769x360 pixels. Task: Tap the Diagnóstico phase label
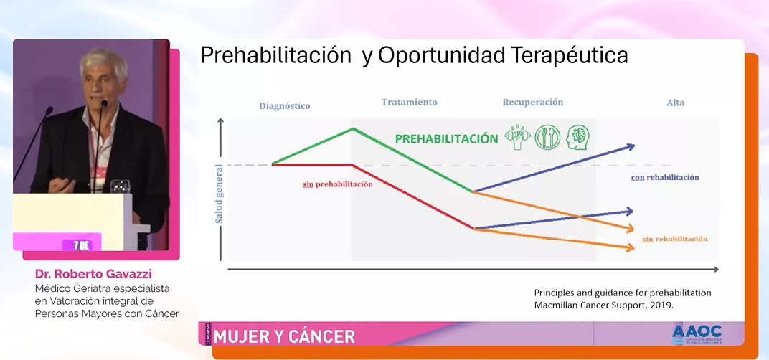coord(284,106)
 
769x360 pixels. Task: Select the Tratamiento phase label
coord(409,103)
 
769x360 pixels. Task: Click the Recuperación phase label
coord(532,103)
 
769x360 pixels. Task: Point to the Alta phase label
coord(675,103)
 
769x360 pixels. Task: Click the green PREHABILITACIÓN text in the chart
coord(446,138)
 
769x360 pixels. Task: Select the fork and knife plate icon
coord(547,138)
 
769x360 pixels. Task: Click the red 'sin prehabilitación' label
coord(338,184)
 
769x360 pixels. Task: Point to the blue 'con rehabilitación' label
coord(665,177)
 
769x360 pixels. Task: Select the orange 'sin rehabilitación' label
coord(674,239)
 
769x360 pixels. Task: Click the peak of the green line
coord(353,129)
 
